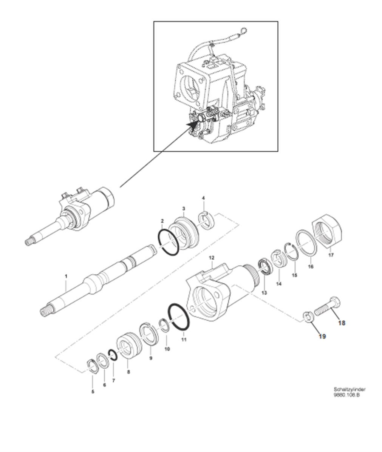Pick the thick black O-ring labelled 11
click(x=179, y=317)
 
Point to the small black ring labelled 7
click(x=112, y=355)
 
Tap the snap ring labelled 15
click(x=291, y=251)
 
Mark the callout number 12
click(x=212, y=257)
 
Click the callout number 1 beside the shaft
click(x=66, y=276)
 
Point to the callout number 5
click(x=93, y=392)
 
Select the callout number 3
click(x=184, y=208)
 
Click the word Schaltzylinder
click(x=350, y=389)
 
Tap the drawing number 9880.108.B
click(x=346, y=395)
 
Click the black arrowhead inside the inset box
click(x=193, y=125)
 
